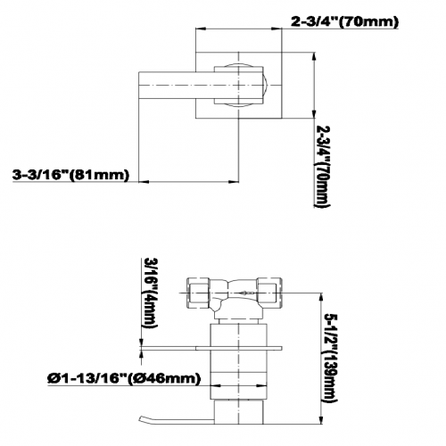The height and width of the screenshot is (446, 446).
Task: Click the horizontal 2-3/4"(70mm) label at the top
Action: point(344,22)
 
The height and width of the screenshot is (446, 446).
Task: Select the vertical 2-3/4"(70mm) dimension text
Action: point(323,167)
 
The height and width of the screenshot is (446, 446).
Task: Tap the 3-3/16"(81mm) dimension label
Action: point(71,175)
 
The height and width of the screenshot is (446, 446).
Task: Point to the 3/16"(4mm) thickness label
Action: point(151,293)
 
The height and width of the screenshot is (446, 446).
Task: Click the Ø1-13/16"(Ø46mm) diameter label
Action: point(124,378)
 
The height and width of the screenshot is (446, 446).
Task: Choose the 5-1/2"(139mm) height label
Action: point(330,358)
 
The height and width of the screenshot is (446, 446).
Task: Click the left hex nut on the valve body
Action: point(198,293)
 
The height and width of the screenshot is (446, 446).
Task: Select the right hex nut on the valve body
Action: point(269,293)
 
